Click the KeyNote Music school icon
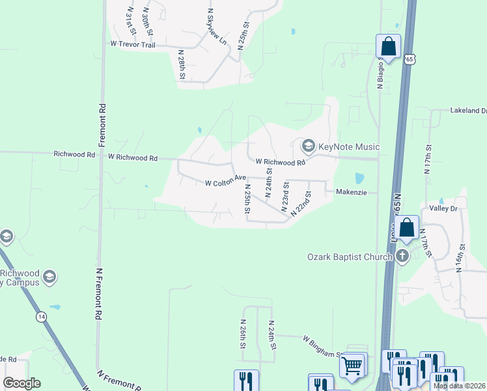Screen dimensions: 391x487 click(x=309, y=145)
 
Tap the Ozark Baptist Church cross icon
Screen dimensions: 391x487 click(x=402, y=256)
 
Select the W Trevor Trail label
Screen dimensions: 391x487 click(x=132, y=44)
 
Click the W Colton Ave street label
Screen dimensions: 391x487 click(x=226, y=183)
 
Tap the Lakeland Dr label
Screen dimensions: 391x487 click(x=468, y=111)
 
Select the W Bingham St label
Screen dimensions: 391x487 click(x=323, y=346)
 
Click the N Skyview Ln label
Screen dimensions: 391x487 click(x=217, y=27)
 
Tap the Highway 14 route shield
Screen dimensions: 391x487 click(x=41, y=316)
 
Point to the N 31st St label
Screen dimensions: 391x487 click(x=132, y=20)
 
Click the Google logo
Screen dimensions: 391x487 click(x=21, y=383)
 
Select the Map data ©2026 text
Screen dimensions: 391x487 click(x=460, y=386)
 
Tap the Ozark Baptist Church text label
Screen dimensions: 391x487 click(x=350, y=256)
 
